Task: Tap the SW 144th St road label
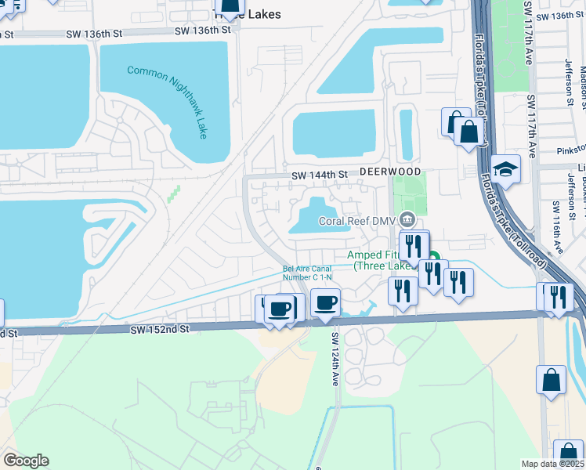point(319,175)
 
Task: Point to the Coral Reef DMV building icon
point(407,219)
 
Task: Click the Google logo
point(26,461)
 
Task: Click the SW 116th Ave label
point(556,226)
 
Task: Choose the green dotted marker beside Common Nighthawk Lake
point(174,193)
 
